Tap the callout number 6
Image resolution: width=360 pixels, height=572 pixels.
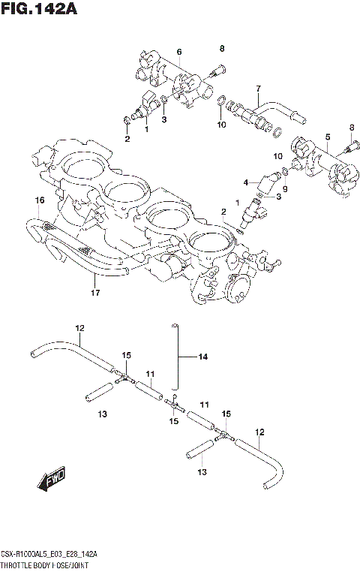tap(179, 51)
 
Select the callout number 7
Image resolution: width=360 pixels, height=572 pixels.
tap(257, 88)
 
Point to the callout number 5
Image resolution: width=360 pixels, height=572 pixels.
tap(328, 137)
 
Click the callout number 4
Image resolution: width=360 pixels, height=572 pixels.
tap(245, 182)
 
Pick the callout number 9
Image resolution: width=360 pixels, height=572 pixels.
tap(285, 189)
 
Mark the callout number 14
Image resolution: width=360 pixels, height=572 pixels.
tap(201, 357)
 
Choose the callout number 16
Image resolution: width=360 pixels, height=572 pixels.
tap(40, 200)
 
